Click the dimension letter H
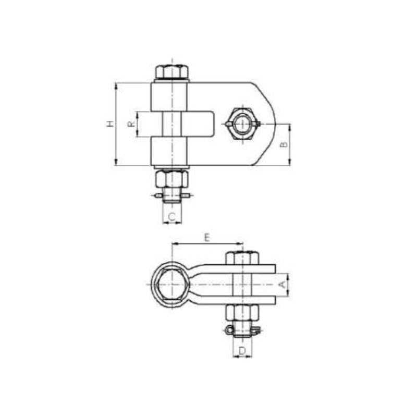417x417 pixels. coord(109,124)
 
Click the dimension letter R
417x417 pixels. coord(131,124)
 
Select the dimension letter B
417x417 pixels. coord(284,144)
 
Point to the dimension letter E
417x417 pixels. coord(207,238)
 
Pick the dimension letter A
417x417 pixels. coord(282,285)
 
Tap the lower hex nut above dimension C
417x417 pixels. coord(171,179)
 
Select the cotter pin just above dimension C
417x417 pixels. coord(172,196)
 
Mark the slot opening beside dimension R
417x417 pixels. coord(198,124)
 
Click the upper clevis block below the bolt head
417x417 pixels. coord(170,96)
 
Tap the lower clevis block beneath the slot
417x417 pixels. coord(170,151)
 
